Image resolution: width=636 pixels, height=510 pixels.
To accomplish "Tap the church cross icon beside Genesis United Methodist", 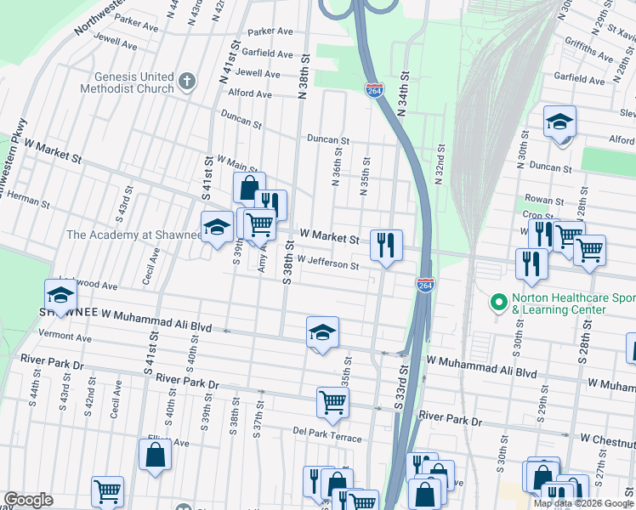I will tap(187, 82).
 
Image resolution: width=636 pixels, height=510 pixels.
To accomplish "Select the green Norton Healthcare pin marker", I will tap(498, 303).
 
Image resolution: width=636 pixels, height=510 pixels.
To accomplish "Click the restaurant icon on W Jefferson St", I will tap(386, 246).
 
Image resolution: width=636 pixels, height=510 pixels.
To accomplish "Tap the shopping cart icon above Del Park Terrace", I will tap(332, 403).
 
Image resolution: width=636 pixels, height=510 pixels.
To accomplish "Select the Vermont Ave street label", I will tap(71, 337).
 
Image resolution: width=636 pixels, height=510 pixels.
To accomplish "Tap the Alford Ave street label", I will tap(249, 93).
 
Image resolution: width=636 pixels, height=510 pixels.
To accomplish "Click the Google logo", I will tap(28, 500).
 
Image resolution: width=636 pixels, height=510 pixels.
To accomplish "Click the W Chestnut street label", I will tap(607, 438).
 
